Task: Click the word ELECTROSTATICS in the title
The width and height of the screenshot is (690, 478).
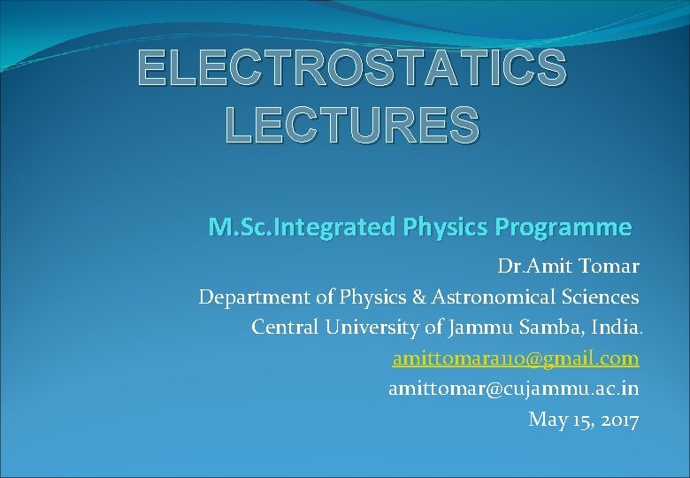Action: tap(351, 68)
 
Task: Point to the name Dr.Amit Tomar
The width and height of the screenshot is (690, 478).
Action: tap(568, 266)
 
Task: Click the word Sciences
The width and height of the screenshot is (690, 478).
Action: tap(593, 297)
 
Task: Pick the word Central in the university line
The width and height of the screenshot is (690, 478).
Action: tap(282, 327)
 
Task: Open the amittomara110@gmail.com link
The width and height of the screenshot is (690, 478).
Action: tap(516, 358)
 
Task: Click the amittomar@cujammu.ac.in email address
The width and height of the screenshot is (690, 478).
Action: tap(513, 389)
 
